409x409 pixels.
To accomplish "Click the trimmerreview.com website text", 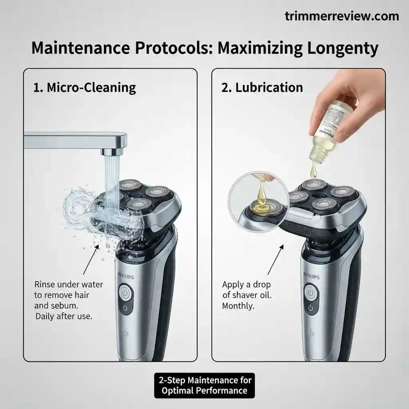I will click(x=342, y=16).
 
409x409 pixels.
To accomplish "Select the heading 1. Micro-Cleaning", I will click(x=85, y=87).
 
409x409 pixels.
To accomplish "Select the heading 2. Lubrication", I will click(x=262, y=87).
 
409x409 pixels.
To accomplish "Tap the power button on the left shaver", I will click(x=125, y=292).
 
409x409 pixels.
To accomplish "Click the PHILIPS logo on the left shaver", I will click(x=125, y=276).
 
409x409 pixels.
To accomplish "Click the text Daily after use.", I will click(x=64, y=316).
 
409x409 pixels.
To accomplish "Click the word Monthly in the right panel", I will click(x=238, y=306).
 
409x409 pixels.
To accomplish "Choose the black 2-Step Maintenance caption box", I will click(x=204, y=385).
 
